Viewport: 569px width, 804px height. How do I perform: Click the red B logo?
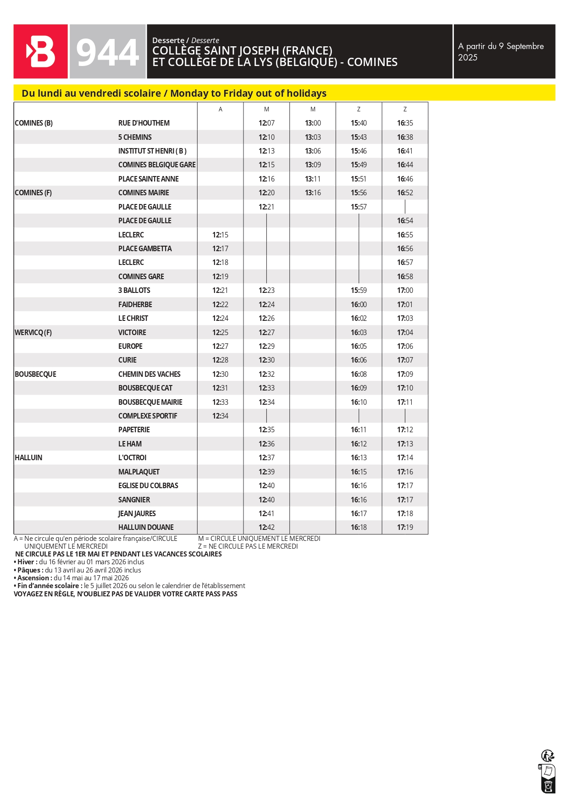(x=41, y=51)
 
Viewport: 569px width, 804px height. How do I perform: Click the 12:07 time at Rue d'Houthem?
(x=266, y=123)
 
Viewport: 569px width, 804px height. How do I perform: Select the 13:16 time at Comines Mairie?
(x=313, y=193)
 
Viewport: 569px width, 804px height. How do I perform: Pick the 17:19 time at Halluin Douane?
(x=405, y=527)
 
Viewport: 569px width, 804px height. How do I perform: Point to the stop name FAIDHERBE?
(x=135, y=304)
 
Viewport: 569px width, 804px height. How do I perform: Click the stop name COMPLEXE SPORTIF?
(x=148, y=416)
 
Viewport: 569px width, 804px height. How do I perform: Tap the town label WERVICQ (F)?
(x=33, y=332)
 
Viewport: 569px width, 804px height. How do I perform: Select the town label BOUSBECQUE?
(x=35, y=374)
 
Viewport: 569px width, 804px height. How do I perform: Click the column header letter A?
(x=221, y=109)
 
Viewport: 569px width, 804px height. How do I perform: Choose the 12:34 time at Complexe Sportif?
(x=220, y=416)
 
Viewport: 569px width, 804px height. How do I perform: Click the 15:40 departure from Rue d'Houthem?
(x=359, y=123)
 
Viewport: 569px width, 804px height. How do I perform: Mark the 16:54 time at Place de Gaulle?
(x=405, y=220)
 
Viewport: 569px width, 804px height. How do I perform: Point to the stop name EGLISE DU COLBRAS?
(x=148, y=485)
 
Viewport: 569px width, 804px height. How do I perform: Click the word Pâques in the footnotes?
(x=29, y=570)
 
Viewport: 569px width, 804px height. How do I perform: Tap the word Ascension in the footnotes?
(x=33, y=578)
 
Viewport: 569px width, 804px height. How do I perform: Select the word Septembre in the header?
(x=525, y=46)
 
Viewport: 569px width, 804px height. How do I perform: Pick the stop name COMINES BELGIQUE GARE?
(x=157, y=165)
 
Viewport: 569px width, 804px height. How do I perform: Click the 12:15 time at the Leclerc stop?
(x=220, y=235)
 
